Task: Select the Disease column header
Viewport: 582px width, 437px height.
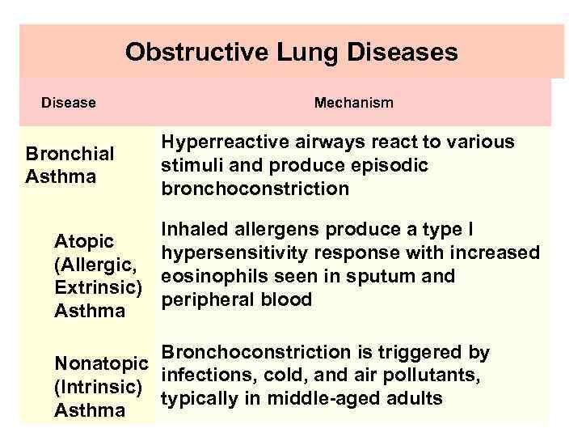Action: pyautogui.click(x=69, y=103)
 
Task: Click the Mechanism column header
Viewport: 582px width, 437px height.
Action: pyautogui.click(x=353, y=103)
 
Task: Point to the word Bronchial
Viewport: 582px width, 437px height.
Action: pyautogui.click(x=70, y=154)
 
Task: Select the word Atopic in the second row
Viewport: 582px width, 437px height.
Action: pyautogui.click(x=83, y=241)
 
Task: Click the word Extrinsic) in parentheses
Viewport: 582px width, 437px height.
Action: pyautogui.click(x=98, y=287)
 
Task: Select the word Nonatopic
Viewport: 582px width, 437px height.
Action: pyautogui.click(x=101, y=364)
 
